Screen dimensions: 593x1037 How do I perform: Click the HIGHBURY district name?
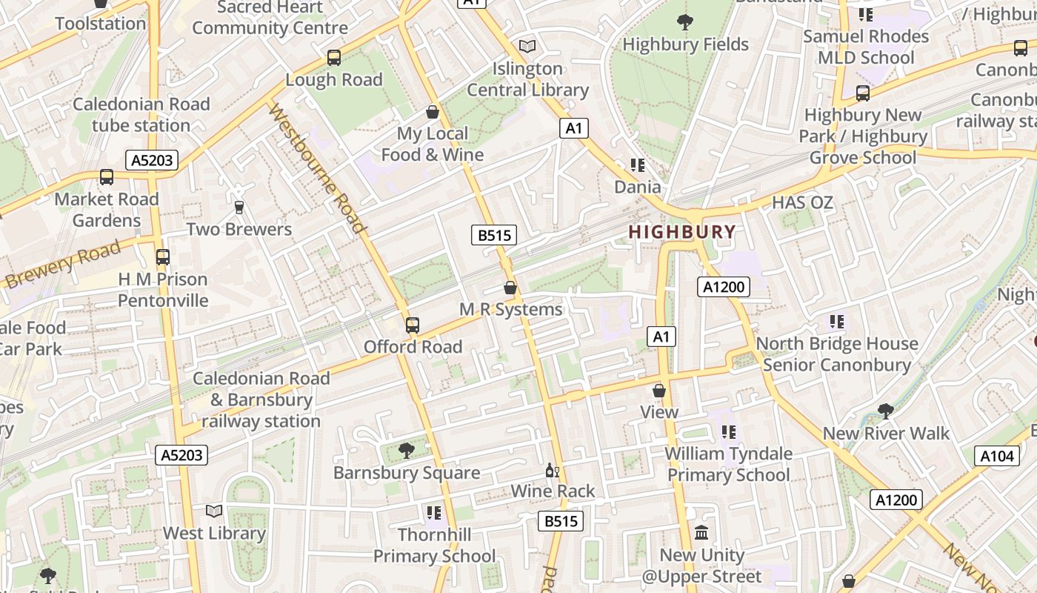682,231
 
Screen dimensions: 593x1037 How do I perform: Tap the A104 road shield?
996,456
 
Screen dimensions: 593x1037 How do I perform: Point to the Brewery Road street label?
62,265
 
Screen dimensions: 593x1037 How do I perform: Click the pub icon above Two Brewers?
239,208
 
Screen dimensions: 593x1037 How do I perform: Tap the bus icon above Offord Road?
413,325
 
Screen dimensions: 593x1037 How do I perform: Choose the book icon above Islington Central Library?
527,46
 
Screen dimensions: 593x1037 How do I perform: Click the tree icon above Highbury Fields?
685,22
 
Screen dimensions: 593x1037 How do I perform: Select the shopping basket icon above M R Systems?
510,288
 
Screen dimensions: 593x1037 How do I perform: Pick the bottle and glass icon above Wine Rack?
553,470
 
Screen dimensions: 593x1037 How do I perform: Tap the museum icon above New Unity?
701,532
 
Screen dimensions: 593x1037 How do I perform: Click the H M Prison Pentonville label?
163,290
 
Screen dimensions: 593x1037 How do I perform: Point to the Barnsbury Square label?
407,473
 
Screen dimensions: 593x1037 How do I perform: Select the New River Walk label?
886,433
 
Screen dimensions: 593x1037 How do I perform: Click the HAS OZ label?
802,202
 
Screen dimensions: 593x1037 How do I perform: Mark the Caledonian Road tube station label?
141,115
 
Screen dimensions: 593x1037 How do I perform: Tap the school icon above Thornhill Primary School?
434,512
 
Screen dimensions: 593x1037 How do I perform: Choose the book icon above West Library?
214,511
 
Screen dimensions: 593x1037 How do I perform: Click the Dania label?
637,186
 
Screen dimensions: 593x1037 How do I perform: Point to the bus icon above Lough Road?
334,57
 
